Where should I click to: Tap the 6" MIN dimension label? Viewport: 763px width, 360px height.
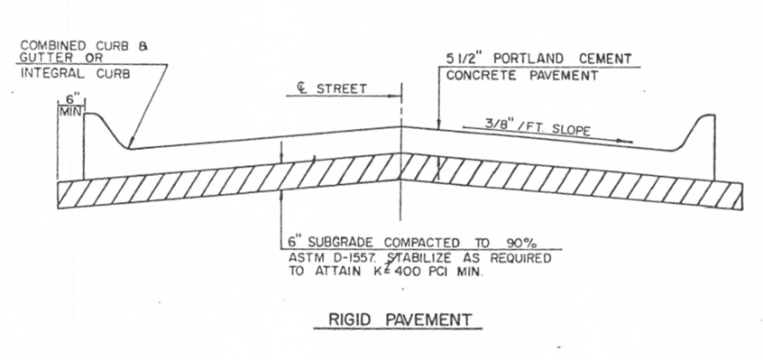[x=69, y=104]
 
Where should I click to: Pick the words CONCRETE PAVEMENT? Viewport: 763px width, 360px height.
[x=523, y=76]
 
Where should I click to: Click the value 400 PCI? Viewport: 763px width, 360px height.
[x=430, y=271]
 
